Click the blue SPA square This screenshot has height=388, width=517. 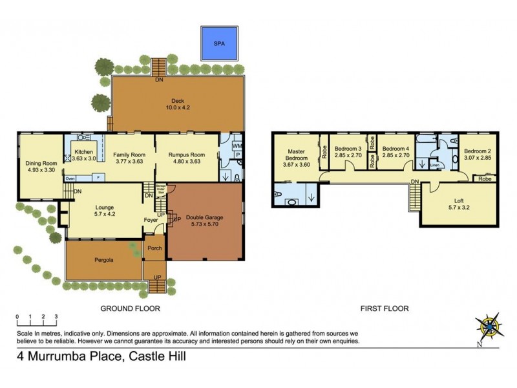click(217, 43)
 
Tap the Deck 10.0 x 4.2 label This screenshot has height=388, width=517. click(178, 104)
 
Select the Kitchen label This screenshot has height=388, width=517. click(84, 155)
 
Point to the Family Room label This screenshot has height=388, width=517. click(129, 158)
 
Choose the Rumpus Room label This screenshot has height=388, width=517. click(187, 158)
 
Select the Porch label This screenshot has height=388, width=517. click(154, 248)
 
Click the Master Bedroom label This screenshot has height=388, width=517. click(296, 158)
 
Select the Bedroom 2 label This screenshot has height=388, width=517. click(477, 154)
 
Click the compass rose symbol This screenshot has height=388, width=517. click(492, 327)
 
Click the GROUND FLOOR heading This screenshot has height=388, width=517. click(129, 308)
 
